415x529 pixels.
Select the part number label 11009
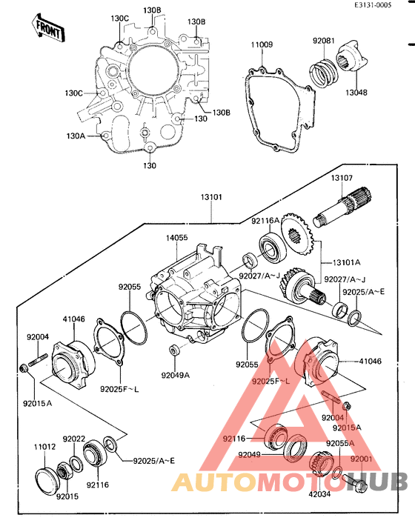pyautogui.click(x=261, y=45)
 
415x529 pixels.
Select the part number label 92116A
pyautogui.click(x=265, y=220)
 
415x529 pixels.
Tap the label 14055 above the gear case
pyautogui.click(x=177, y=239)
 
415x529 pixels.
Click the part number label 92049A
pyautogui.click(x=176, y=375)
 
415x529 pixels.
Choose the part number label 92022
pyautogui.click(x=73, y=439)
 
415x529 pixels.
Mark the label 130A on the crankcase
pyautogui.click(x=76, y=136)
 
